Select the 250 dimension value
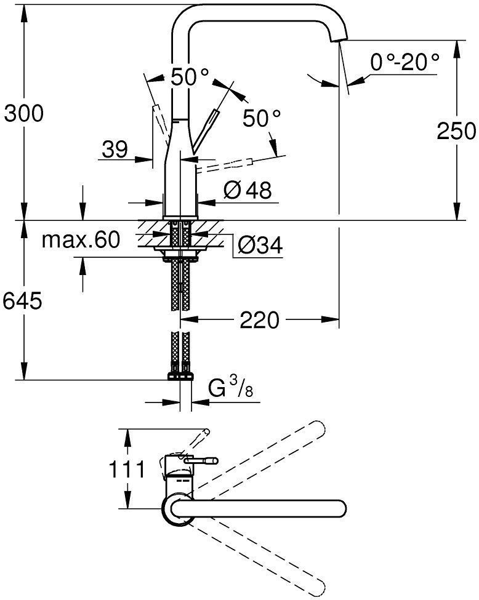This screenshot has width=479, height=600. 456,130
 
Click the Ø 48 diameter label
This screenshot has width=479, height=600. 249,190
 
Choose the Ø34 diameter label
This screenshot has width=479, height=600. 259,246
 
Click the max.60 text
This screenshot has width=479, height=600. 81,240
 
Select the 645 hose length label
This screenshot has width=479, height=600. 23,301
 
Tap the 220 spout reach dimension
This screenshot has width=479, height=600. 260,320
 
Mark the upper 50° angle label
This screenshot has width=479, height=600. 190,77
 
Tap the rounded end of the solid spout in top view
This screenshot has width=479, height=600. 337,508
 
